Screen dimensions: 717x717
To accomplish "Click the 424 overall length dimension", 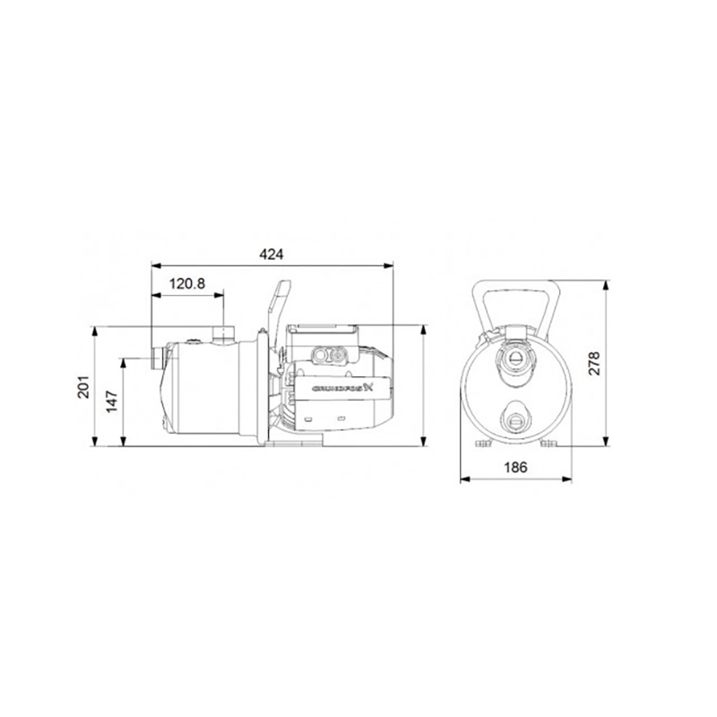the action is coord(272,255).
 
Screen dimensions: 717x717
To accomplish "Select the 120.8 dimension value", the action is coord(187,284).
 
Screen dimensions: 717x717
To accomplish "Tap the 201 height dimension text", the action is coord(83,387).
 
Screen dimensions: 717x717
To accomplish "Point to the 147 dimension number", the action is coord(112,402).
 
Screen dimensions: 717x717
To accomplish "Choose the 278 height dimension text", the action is coord(593,364).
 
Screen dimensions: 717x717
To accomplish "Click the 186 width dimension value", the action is coord(515,467).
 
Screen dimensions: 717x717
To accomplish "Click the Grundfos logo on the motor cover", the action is coord(343,389).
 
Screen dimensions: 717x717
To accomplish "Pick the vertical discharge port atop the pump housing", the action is coord(223,334).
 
